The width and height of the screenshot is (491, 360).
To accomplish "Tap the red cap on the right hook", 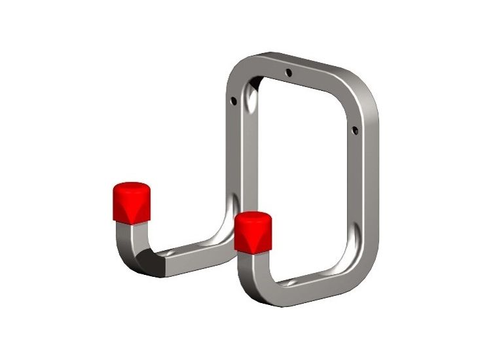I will click(x=253, y=232).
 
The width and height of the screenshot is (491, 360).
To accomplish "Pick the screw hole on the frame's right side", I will click(x=354, y=130).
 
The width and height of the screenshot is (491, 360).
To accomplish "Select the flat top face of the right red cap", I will click(x=253, y=217).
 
